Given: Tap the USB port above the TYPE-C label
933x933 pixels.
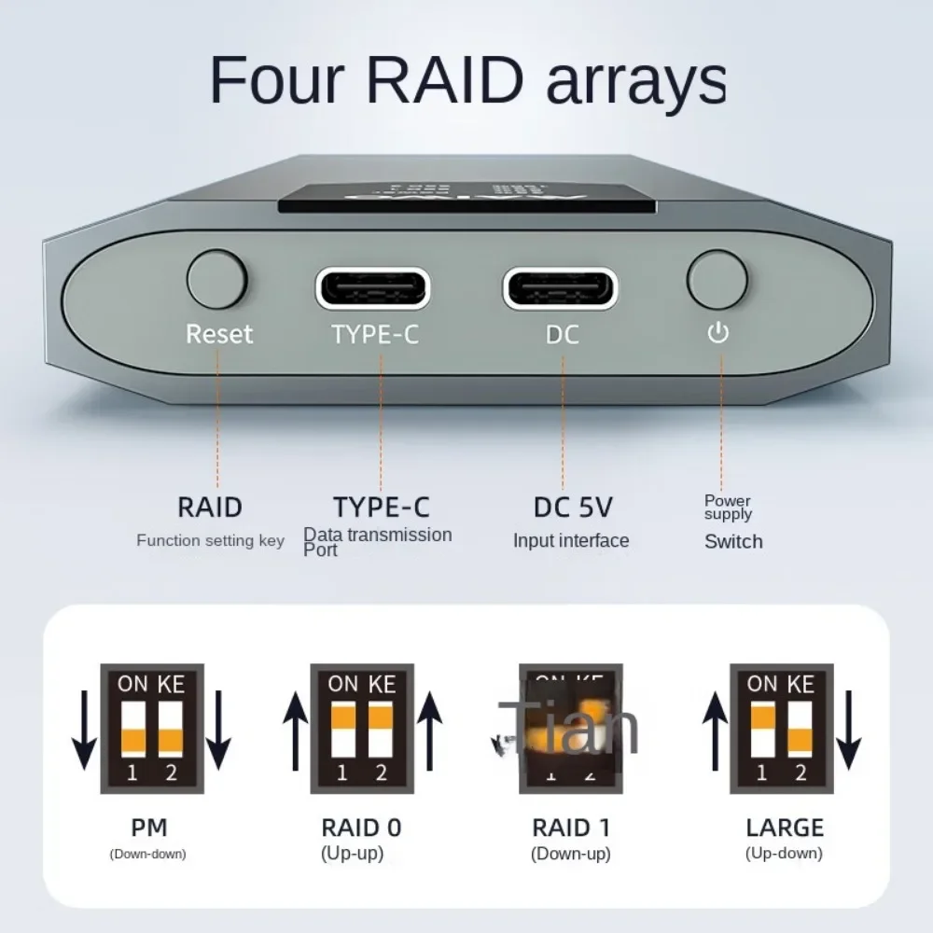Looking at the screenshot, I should click(373, 287).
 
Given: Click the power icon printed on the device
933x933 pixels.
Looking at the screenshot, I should click(717, 333).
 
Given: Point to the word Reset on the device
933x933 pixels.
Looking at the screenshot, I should click(219, 334).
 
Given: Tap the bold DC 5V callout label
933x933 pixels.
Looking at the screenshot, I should click(573, 508).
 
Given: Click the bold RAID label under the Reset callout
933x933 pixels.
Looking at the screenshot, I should click(210, 508).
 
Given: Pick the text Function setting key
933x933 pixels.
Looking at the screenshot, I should click(210, 540).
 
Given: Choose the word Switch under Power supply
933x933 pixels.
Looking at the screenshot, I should click(733, 541).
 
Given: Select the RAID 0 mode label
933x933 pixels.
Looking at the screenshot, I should click(362, 827).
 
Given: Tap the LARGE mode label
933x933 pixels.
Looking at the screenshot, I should click(785, 827).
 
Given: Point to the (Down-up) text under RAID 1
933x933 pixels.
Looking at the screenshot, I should click(571, 853).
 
